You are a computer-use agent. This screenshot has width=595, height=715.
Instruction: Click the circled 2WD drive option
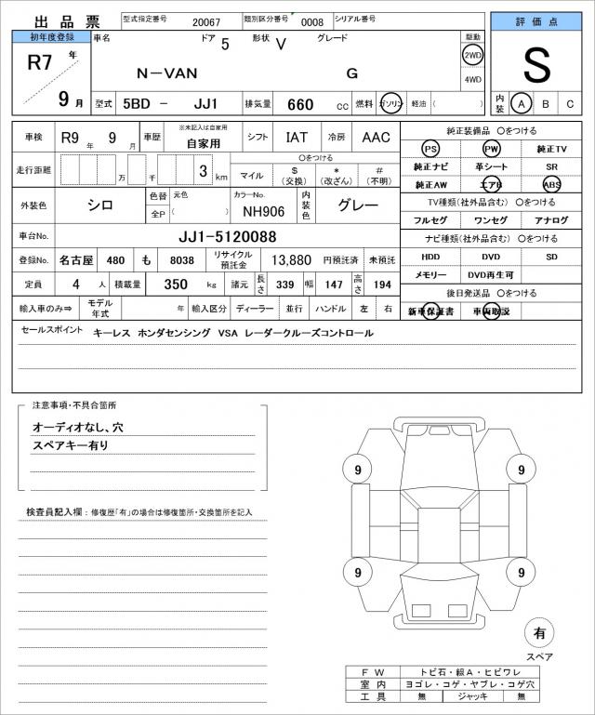pos(472,55)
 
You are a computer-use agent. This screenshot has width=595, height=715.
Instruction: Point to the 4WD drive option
pos(472,79)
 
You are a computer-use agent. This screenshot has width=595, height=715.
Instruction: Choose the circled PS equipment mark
pos(430,149)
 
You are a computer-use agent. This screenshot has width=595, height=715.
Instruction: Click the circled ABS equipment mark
pos(552,184)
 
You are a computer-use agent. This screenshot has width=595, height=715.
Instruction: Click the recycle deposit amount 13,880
pos(291,260)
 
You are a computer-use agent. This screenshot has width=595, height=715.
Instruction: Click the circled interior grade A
pos(523,103)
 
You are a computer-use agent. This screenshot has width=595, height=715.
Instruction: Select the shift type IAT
pos(297,137)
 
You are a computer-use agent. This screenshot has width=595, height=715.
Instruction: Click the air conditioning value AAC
pos(376,137)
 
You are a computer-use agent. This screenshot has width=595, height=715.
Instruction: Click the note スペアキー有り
pos(71,445)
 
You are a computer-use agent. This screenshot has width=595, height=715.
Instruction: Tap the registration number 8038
pos(183,260)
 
